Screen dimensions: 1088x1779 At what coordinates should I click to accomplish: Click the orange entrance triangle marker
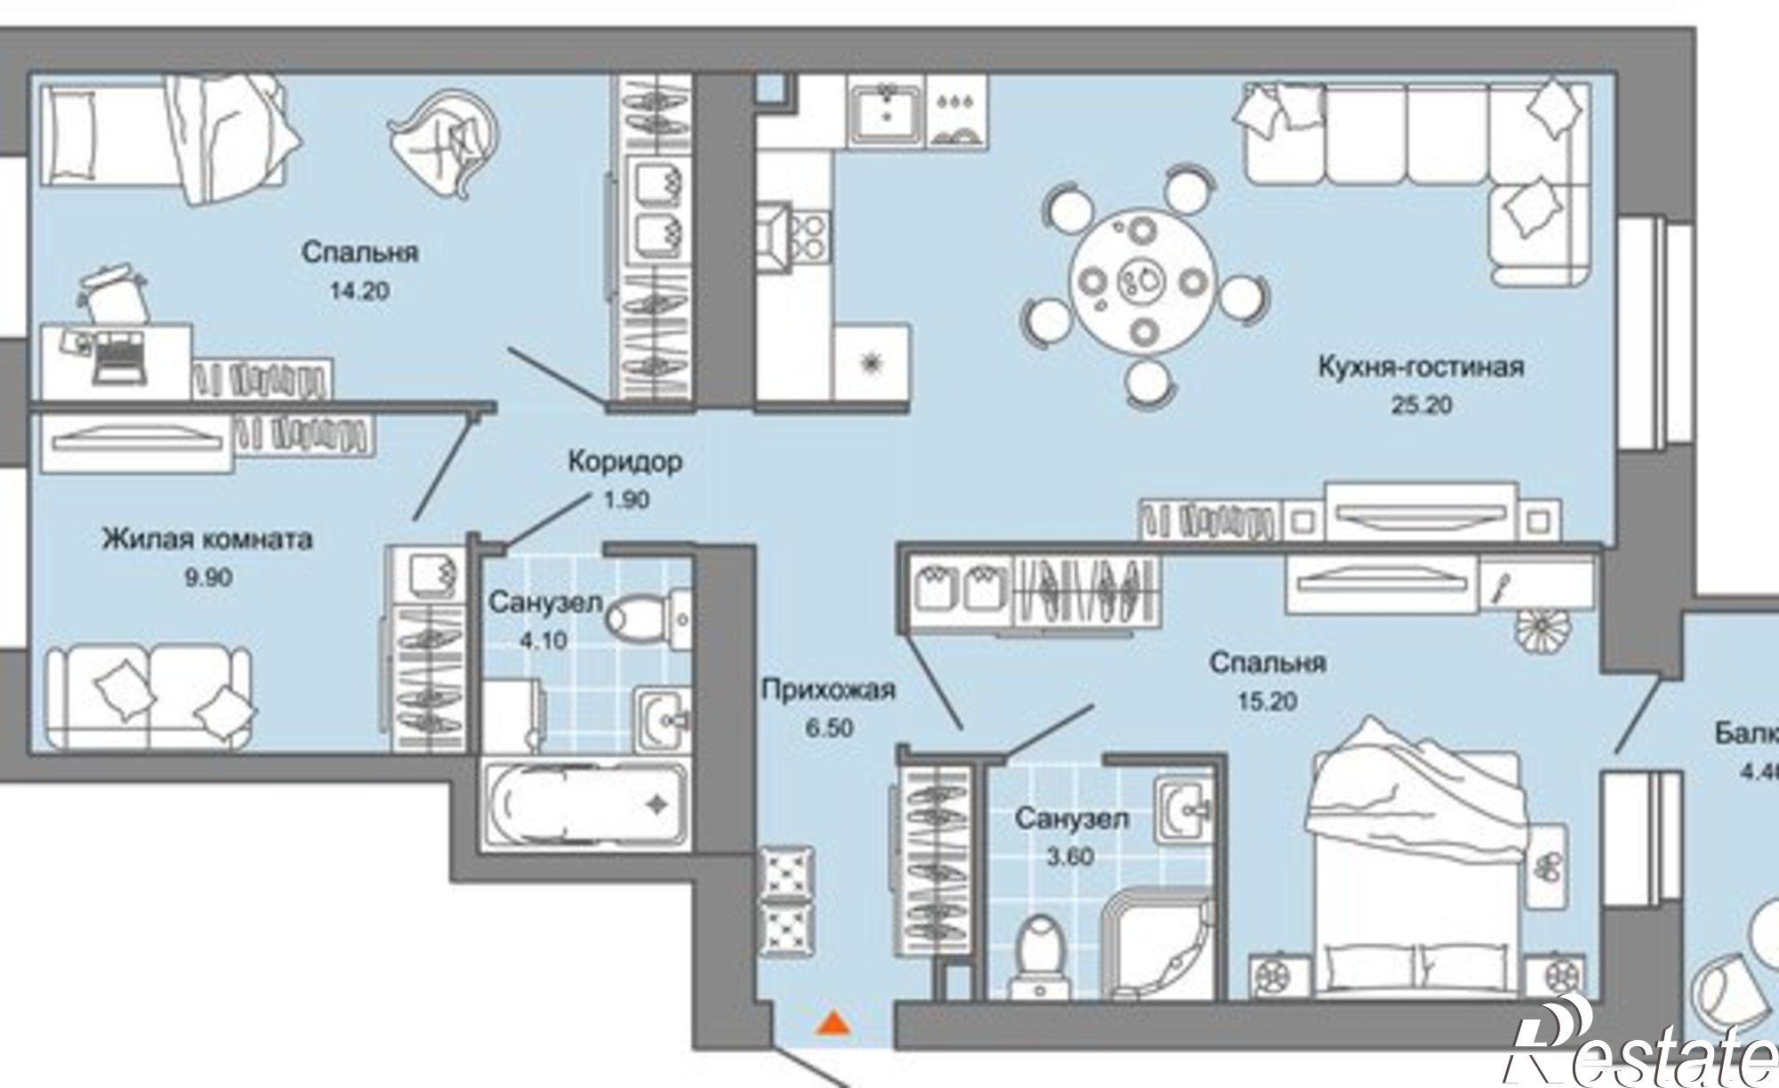coord(833,1024)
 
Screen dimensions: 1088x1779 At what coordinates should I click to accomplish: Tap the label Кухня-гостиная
coord(1421,367)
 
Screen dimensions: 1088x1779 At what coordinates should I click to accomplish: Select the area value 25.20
coord(1421,406)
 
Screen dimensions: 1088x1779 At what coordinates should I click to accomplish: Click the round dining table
coord(1142,282)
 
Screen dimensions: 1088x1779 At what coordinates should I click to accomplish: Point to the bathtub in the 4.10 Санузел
coord(585,805)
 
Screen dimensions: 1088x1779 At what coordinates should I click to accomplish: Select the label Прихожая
coord(828,689)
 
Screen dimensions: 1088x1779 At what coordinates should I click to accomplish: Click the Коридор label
coord(625,462)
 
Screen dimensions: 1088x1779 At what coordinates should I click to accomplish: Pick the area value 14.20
coord(359,291)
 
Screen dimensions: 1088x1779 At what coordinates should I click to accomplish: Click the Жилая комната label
coord(207,539)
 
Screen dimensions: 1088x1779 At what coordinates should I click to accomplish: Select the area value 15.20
coord(1267,701)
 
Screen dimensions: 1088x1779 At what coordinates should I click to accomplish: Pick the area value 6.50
coord(828,728)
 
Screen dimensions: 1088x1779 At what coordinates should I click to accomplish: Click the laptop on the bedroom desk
coord(117,360)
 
